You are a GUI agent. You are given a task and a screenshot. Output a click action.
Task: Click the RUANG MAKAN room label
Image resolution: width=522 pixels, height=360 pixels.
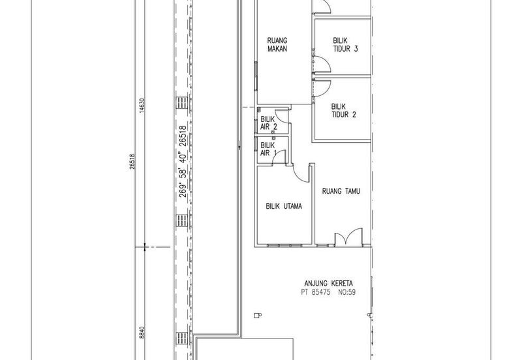tap(277, 44)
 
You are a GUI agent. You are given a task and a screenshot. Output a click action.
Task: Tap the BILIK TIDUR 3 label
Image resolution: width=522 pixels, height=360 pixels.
tap(345, 44)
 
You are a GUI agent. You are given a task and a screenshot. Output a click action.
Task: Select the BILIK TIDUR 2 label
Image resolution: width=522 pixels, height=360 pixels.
tap(344, 111)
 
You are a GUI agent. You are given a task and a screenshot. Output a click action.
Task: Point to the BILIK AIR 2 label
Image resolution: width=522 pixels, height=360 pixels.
tap(269, 123)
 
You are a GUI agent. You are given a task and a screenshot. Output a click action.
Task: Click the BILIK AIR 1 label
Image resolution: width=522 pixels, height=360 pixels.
tap(268, 149)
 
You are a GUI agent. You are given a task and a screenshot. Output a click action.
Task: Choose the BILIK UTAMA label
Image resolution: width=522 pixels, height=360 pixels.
tap(284, 206)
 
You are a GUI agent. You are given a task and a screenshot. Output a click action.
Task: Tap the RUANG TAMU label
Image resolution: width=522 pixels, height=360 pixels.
tap(341, 191)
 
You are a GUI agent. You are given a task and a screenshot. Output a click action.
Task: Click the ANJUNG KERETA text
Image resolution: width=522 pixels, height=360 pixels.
tap(329, 284)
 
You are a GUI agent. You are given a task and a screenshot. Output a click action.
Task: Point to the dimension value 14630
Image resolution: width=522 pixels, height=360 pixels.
tap(142, 106)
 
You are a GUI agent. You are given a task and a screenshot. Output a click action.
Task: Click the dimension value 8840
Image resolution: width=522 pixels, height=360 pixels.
tap(142, 333)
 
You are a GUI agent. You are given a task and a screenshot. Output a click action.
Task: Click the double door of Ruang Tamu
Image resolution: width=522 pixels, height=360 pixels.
tap(348, 237)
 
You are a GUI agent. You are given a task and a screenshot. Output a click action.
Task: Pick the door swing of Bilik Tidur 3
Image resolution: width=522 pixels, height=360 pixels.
tap(322, 64)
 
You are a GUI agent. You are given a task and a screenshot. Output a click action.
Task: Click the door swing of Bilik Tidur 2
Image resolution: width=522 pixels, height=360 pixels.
tap(322, 88)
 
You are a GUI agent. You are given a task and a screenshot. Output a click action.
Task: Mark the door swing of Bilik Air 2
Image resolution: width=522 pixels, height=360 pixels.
tap(282, 115)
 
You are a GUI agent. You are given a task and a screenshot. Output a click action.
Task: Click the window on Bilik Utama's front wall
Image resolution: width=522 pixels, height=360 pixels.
tap(284, 246)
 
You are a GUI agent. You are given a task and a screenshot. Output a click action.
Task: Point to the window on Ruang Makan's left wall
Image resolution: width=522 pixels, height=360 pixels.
tap(256, 76)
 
